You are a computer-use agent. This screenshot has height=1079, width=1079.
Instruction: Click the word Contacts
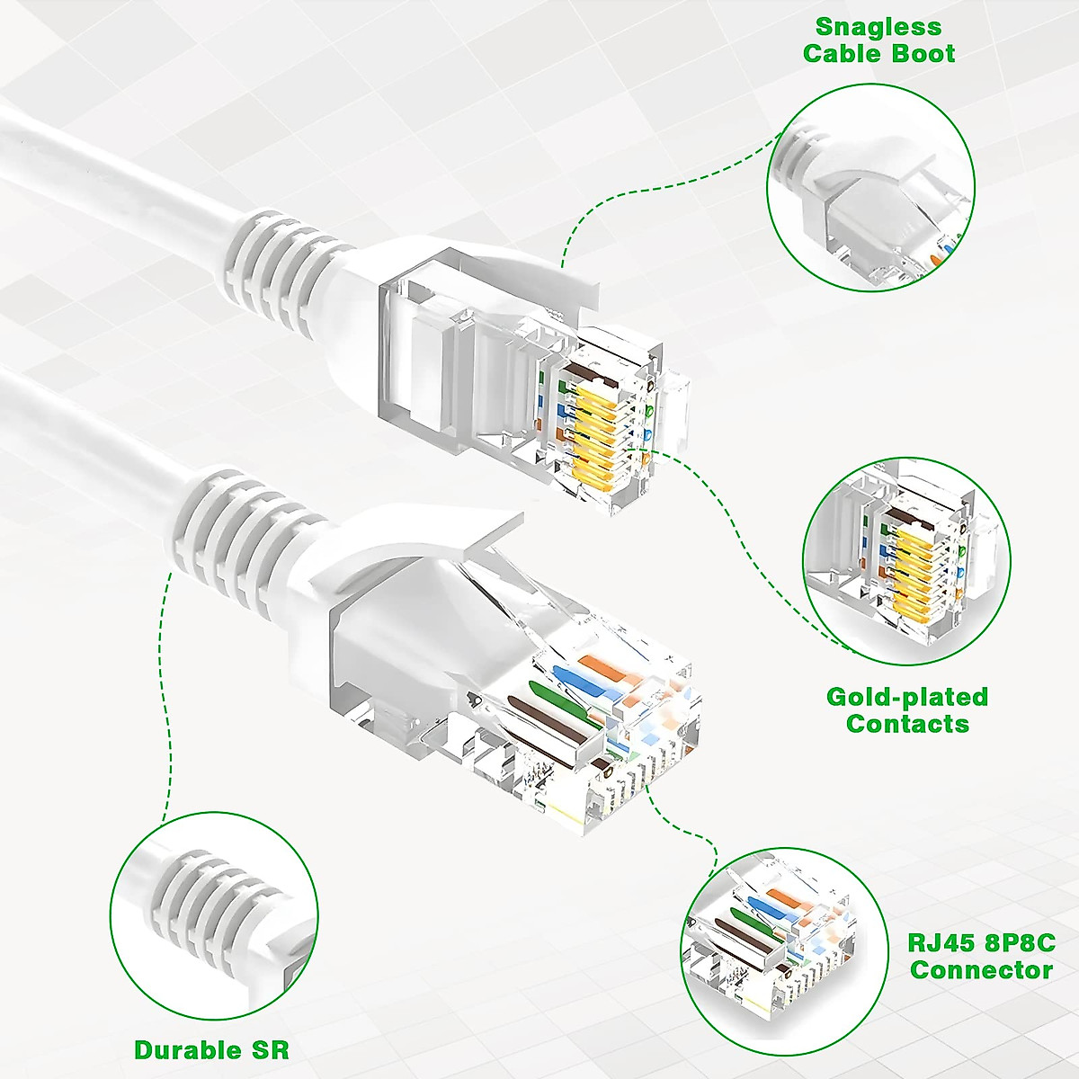tap(907, 724)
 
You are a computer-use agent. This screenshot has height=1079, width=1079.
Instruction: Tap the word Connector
tap(981, 970)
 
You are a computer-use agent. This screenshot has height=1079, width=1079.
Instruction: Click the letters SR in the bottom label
tap(268, 1050)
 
